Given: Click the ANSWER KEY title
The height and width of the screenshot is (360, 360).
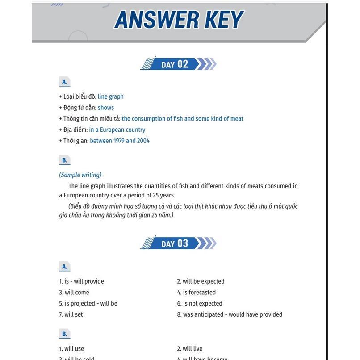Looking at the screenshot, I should click(x=179, y=20).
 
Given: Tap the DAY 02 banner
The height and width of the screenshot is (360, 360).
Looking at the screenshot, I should click(x=178, y=64).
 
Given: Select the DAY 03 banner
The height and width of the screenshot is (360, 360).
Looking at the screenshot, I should click(x=178, y=243).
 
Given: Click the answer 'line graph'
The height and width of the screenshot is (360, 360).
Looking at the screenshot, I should click(x=111, y=96).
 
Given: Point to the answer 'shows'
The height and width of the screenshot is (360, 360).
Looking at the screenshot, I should click(x=106, y=108).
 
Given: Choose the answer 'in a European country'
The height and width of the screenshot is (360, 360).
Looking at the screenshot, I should click(x=117, y=130).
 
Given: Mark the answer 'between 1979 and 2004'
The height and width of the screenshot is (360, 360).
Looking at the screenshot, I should click(x=120, y=141).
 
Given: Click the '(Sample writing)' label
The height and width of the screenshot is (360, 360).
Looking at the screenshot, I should click(x=80, y=175).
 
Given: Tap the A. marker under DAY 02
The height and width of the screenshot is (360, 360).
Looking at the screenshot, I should click(x=65, y=82).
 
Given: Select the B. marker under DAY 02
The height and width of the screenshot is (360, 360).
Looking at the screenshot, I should click(x=65, y=160).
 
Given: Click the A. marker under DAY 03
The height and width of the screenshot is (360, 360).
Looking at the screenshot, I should click(x=65, y=267).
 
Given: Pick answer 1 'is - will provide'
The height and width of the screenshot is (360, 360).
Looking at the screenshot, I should click(x=81, y=281).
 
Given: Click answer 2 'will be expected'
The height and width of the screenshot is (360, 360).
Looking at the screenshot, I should click(x=201, y=281).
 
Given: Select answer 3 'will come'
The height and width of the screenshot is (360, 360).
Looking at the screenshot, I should click(x=74, y=293).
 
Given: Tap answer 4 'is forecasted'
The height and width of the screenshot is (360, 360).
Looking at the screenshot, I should click(x=196, y=293).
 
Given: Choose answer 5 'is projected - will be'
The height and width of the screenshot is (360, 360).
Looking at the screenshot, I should click(x=88, y=304).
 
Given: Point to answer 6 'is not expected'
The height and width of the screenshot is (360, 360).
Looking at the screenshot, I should click(x=200, y=304).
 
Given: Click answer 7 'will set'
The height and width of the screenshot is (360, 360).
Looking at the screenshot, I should click(x=71, y=314).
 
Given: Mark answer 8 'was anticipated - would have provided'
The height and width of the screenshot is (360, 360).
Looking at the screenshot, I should click(x=230, y=314).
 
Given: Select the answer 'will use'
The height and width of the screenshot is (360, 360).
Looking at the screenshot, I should click(x=71, y=349).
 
